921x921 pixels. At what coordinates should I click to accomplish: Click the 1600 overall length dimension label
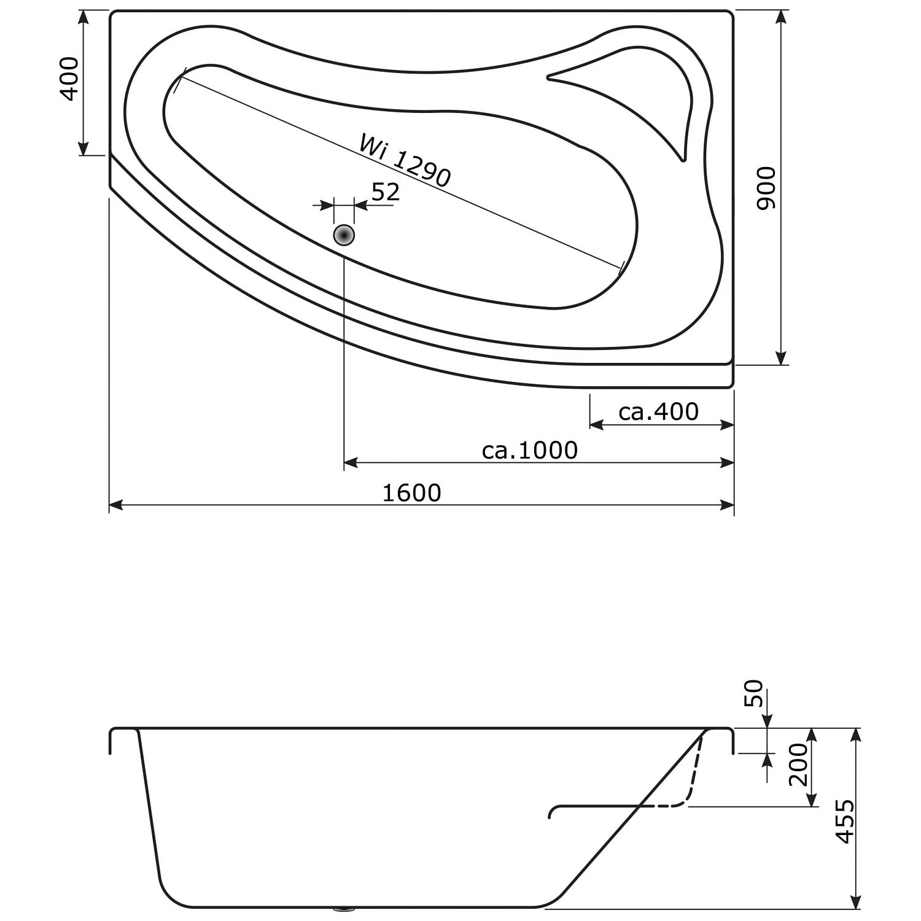411,493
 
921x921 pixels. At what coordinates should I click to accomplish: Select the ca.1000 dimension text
529,451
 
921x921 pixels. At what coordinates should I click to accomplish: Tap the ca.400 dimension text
658,412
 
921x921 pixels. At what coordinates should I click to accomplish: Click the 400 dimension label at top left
69,79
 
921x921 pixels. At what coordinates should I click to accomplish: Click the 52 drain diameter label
386,192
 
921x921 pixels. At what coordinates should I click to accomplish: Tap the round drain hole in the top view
344,235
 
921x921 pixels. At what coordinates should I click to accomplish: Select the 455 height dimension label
845,821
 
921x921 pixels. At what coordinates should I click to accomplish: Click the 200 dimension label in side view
798,764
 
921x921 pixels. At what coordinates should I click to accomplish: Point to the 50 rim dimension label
754,694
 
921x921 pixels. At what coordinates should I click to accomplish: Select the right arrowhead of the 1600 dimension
728,505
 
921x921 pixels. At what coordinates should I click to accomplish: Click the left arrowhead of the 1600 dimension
115,505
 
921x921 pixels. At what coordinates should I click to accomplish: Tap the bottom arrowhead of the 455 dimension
856,903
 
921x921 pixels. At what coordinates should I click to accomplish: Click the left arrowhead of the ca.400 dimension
596,425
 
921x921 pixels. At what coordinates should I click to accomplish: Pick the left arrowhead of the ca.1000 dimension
350,462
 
